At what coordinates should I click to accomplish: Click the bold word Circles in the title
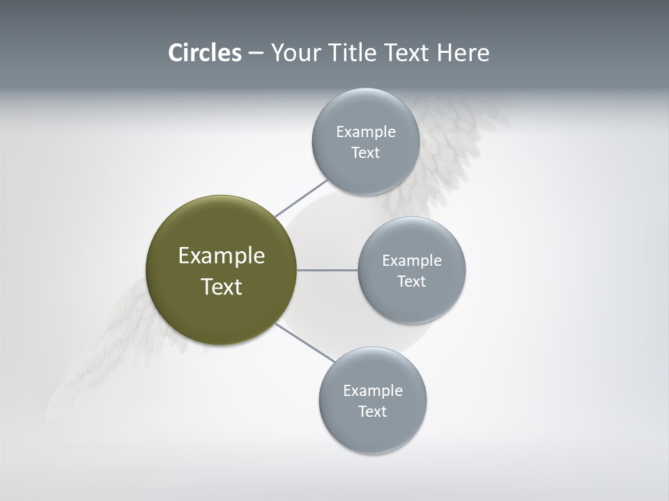pyautogui.click(x=204, y=53)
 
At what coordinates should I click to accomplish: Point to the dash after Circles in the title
pyautogui.click(x=256, y=54)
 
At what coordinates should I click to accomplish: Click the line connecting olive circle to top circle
pyautogui.click(x=302, y=198)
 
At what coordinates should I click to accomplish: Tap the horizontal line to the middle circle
pyautogui.click(x=327, y=270)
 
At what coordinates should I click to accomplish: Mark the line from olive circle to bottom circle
pyautogui.click(x=305, y=342)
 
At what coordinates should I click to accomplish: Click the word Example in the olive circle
pyautogui.click(x=221, y=256)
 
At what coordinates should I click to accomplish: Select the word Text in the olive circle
pyautogui.click(x=221, y=287)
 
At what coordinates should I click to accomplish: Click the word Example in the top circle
pyautogui.click(x=365, y=132)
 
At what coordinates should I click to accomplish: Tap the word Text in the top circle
pyautogui.click(x=365, y=153)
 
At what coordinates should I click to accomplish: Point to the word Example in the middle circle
pyautogui.click(x=411, y=261)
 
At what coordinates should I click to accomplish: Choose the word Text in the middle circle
pyautogui.click(x=411, y=282)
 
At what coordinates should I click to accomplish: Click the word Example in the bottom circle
pyautogui.click(x=373, y=391)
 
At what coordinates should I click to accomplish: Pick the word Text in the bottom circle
pyautogui.click(x=373, y=412)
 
